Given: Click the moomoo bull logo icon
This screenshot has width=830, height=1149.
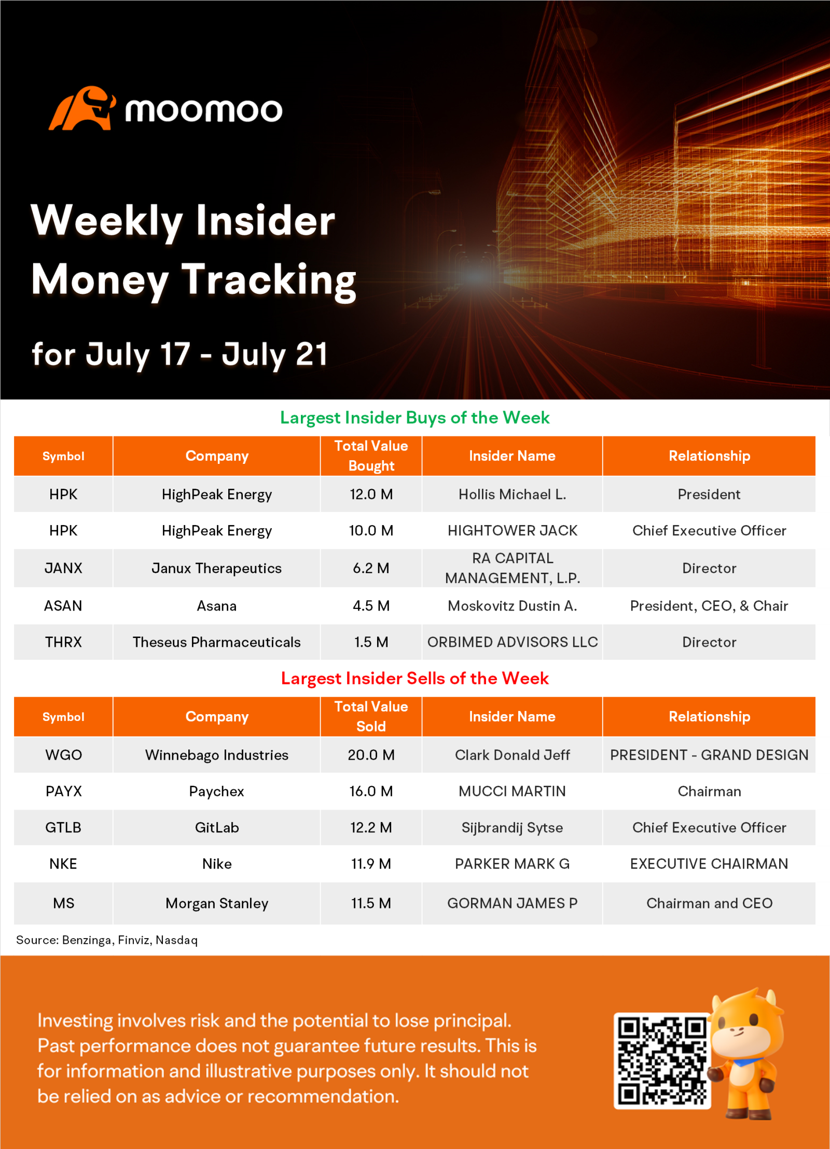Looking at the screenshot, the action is tap(82, 108).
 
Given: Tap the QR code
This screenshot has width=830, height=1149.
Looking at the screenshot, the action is tap(662, 1061).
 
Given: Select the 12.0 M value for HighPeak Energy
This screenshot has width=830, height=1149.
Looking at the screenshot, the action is tap(371, 494).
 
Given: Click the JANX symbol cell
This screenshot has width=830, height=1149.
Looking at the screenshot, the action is tap(63, 568).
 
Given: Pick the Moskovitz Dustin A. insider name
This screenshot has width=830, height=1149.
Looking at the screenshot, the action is tap(512, 606).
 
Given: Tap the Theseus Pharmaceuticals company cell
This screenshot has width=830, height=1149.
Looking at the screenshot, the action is tap(217, 642).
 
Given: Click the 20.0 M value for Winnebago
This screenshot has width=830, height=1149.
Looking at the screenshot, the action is tap(371, 755).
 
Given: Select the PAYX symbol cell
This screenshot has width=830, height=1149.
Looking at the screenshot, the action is tap(63, 791).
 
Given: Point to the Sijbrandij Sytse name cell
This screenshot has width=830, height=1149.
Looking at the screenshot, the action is tap(512, 827).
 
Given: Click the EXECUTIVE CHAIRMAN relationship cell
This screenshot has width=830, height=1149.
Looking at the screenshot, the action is tap(709, 863).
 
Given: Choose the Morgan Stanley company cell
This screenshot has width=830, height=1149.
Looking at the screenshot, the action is tap(217, 903).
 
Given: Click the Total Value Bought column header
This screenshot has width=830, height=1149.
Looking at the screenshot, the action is tap(371, 456).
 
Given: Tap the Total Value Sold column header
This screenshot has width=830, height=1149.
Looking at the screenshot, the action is tap(371, 716).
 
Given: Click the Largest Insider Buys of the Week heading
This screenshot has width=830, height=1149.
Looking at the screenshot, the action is tap(415, 418).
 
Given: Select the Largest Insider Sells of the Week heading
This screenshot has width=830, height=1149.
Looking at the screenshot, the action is tap(415, 678).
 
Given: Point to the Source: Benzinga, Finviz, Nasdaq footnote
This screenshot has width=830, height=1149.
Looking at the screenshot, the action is tap(107, 940).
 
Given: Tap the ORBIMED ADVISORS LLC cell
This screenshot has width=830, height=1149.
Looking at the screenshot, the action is tap(512, 642).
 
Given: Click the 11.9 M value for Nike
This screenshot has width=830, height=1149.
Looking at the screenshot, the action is tap(371, 863).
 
